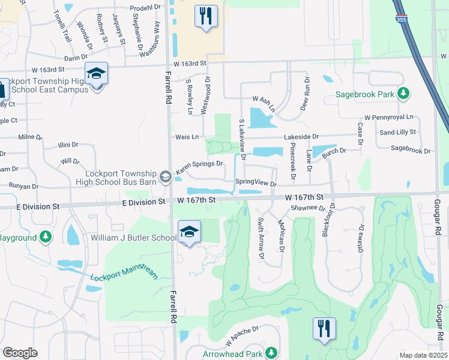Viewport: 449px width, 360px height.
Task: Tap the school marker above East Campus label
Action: pos(96,74)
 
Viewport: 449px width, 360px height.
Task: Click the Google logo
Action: pos(20,352)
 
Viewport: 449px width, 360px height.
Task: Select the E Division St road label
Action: pos(142,203)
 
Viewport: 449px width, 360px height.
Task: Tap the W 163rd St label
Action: pos(190,63)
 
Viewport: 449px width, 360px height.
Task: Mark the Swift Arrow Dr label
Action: pos(261,238)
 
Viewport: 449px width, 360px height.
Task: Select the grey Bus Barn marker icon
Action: pos(166,176)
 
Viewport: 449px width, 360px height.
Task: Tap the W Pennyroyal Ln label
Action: pos(389,118)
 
